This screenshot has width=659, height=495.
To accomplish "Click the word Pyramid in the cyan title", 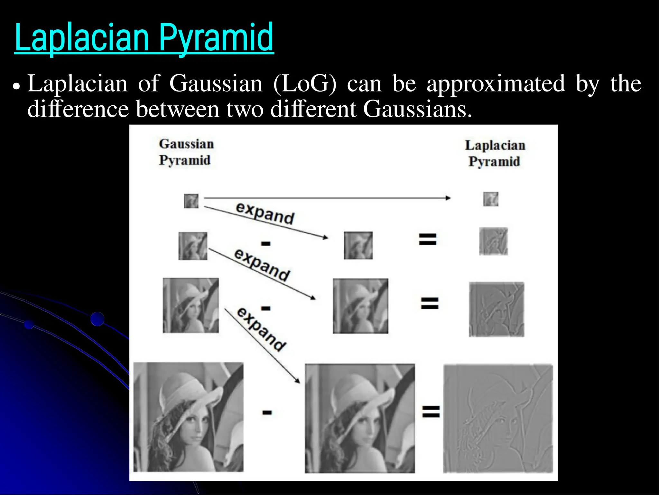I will pyautogui.click(x=216, y=38).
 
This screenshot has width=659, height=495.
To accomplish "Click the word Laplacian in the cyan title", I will pyautogui.click(x=82, y=38).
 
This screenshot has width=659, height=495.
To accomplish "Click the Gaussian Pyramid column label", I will pyautogui.click(x=186, y=152).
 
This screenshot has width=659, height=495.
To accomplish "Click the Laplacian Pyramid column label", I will pyautogui.click(x=495, y=153).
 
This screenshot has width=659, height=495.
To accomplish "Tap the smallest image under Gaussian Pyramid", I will pyautogui.click(x=191, y=201).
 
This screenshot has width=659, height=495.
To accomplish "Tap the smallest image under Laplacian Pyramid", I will pyautogui.click(x=491, y=199).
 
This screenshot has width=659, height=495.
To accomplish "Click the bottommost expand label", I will pyautogui.click(x=261, y=329).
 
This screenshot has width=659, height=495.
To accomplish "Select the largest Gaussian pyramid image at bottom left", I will pyautogui.click(x=189, y=417).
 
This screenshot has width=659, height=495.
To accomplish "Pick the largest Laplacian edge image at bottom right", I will pyautogui.click(x=498, y=419).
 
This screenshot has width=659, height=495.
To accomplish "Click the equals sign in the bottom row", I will pyautogui.click(x=431, y=412).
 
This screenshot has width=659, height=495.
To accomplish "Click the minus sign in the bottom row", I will pyautogui.click(x=267, y=412).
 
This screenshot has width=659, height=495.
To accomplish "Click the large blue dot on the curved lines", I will pyautogui.click(x=97, y=319).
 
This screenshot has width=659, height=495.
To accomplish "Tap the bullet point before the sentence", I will pyautogui.click(x=16, y=86).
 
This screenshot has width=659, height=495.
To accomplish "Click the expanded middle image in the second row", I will pyautogui.click(x=358, y=245).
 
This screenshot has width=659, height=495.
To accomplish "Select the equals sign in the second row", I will pyautogui.click(x=427, y=239).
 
